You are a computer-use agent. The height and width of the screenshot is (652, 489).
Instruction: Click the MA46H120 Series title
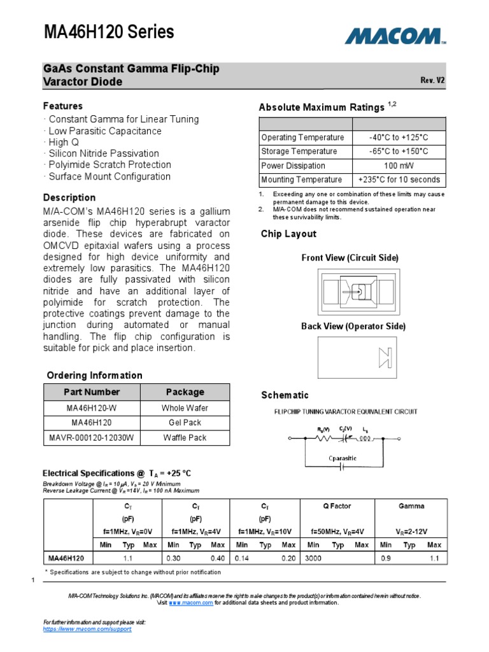[x=109, y=32]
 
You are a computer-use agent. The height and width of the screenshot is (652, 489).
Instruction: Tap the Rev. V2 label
[x=432, y=80]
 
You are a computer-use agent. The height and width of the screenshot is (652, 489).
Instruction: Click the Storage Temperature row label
[x=299, y=152]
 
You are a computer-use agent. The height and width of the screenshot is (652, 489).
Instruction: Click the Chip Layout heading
[x=288, y=234]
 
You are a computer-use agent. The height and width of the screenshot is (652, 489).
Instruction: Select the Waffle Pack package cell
[x=185, y=437]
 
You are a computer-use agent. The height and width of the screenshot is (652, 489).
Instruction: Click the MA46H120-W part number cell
[x=92, y=407]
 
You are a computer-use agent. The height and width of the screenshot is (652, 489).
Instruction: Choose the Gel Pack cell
[x=185, y=422]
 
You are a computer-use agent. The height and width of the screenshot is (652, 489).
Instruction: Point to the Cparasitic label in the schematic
[x=342, y=458]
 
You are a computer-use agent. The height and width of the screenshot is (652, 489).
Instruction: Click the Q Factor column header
[x=337, y=506]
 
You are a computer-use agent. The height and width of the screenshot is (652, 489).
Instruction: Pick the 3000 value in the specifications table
[x=313, y=558]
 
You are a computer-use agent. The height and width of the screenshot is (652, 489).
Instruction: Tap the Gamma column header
[x=411, y=506]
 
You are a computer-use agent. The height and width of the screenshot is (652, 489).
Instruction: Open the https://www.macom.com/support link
[x=87, y=628]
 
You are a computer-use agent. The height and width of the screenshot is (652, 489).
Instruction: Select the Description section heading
[x=69, y=197]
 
